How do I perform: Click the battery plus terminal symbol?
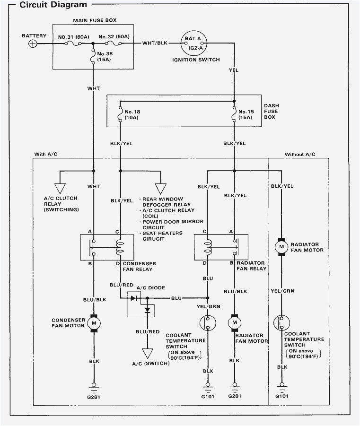pos(33,43)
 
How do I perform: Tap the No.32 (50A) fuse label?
pos(114,36)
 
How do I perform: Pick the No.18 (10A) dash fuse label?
pos(133,114)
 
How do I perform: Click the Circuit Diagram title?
pos(53,5)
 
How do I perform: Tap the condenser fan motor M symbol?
pos(93,323)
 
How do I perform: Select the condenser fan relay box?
pos(106,247)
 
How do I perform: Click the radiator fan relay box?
pos(220,247)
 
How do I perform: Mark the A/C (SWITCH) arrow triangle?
pos(148,354)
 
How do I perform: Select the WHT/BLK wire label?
pos(155,43)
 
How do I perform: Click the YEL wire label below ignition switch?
pos(234,70)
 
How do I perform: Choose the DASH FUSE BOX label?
pos(271,111)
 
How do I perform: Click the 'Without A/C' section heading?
pos(299,155)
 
